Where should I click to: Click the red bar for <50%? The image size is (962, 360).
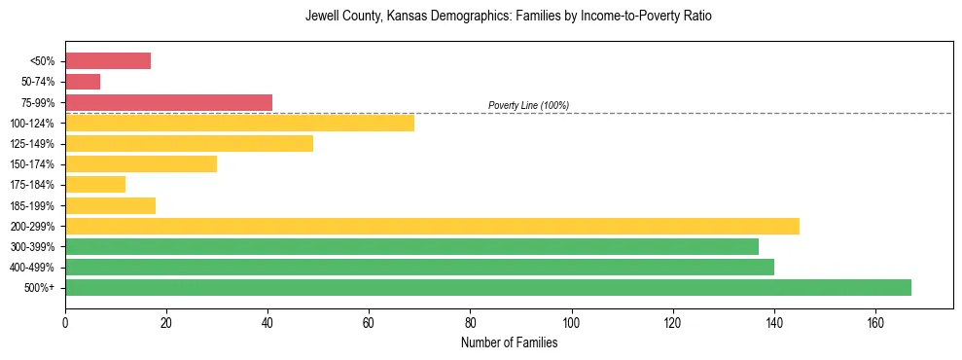coord(108,61)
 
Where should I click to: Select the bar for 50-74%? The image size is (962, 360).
coord(83,82)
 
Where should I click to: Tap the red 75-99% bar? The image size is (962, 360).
coord(168,102)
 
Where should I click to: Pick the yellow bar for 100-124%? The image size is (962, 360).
coord(239,123)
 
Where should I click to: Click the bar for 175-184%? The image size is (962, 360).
coord(95,184)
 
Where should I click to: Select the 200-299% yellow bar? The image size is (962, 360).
coord(432,226)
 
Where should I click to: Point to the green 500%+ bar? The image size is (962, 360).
coord(487,287)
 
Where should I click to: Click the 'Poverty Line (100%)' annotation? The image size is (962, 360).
coord(528,105)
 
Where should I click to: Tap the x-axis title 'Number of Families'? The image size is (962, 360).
coord(509,342)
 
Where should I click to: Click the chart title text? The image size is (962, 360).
coord(509,17)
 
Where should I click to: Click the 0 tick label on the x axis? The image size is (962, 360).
coord(65,321)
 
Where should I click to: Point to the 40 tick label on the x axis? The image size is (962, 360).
coord(267,321)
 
